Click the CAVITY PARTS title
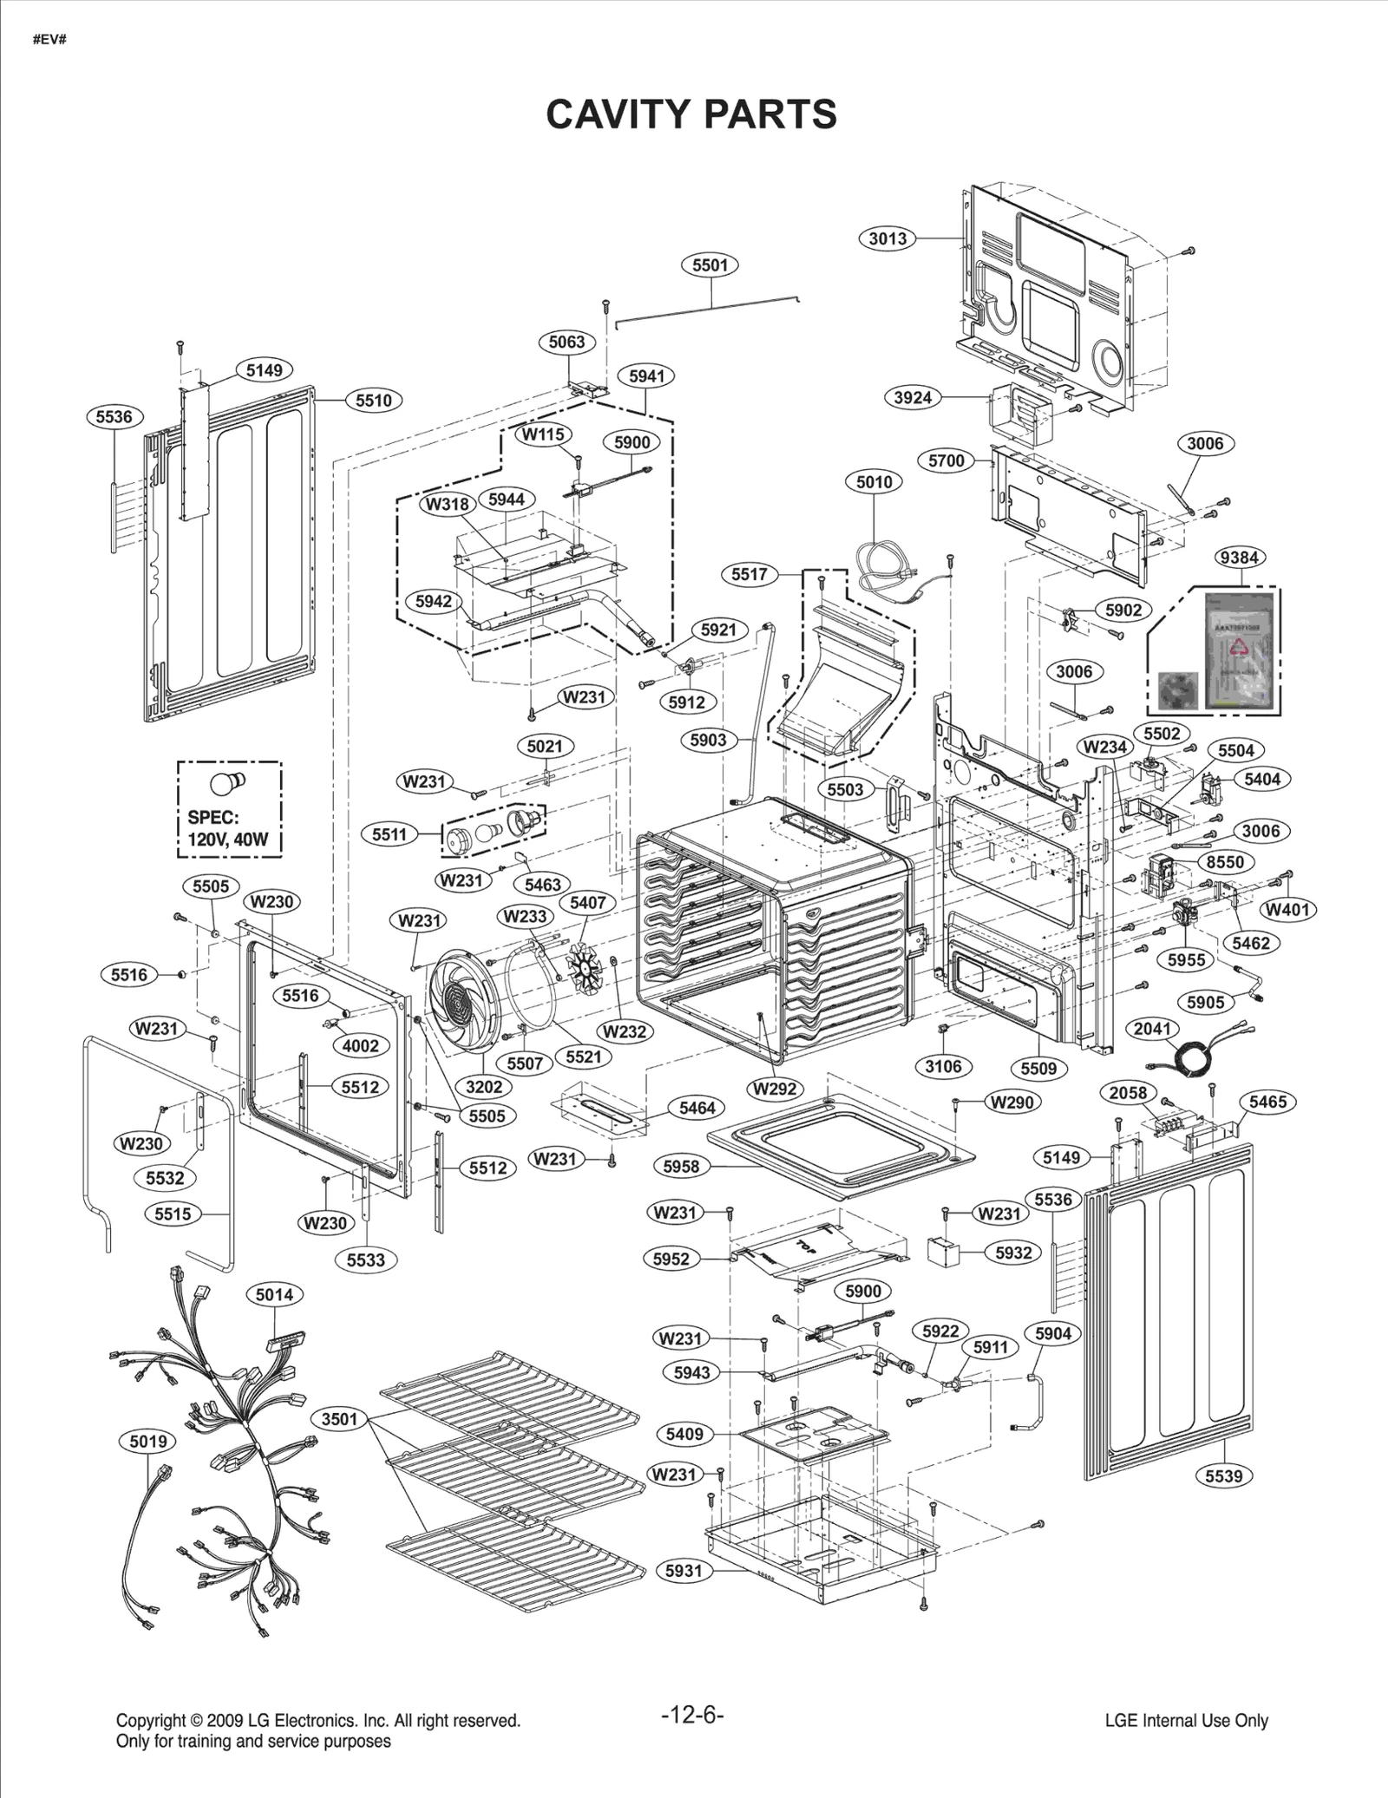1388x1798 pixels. point(691,114)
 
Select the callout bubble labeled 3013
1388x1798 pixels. point(887,239)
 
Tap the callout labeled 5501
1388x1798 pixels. point(710,265)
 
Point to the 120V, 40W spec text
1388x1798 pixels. point(227,840)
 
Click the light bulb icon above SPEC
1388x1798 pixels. point(227,783)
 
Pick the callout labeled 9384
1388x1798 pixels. point(1238,558)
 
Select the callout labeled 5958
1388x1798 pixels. point(681,1167)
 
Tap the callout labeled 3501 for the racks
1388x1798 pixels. point(339,1419)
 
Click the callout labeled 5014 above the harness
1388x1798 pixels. point(274,1295)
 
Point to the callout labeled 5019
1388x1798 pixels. point(147,1442)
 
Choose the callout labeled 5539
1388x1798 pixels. point(1224,1475)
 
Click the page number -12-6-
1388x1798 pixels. point(691,1715)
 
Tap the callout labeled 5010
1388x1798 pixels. point(874,482)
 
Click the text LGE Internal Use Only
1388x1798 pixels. point(1186,1721)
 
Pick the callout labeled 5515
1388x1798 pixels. point(173,1214)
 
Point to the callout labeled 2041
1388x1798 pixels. point(1153,1029)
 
